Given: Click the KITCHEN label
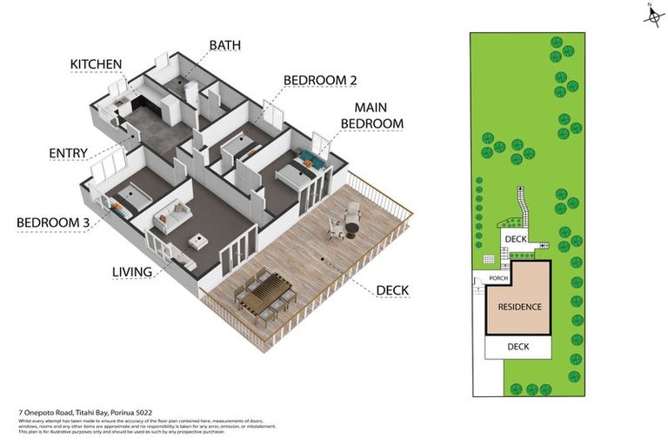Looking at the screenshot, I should (x=97, y=64).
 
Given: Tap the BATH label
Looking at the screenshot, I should (x=224, y=44).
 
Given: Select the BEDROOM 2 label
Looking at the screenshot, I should (x=320, y=80).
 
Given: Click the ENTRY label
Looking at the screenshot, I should (x=68, y=154).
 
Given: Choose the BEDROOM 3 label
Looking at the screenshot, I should (x=53, y=223).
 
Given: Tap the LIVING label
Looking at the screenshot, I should (x=132, y=272).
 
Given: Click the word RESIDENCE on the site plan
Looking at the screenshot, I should (x=519, y=307).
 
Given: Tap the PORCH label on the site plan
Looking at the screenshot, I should (x=498, y=279).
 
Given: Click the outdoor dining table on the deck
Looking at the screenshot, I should (x=265, y=292).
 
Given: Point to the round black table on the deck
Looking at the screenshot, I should (x=351, y=229).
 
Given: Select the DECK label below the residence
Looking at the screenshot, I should (x=518, y=347).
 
